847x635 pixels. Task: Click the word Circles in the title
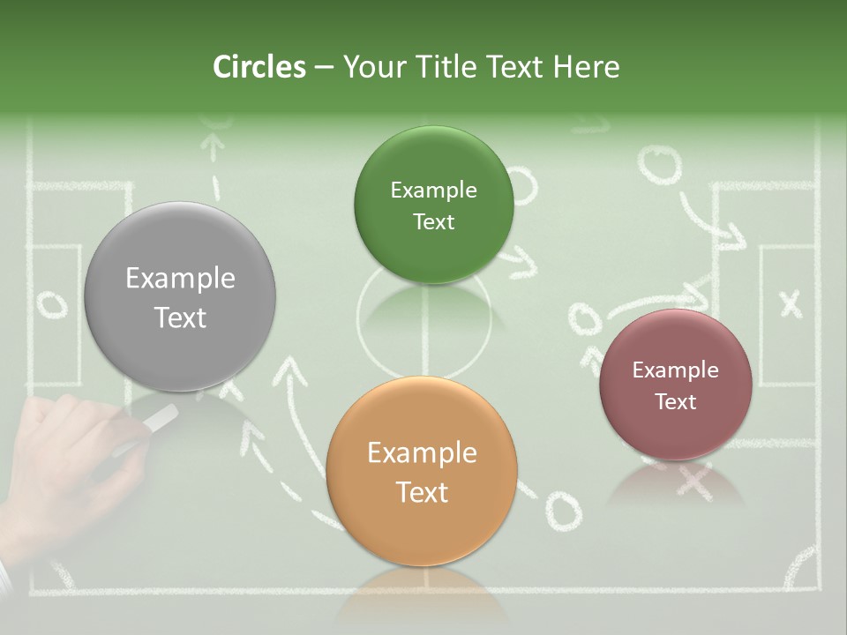pos(259,67)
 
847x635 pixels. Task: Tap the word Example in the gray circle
pos(180,279)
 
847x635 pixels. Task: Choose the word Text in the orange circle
pos(422,492)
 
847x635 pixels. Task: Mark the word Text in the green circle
pos(433,222)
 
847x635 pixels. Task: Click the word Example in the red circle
pos(676,370)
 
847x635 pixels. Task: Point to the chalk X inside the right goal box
pos(791,303)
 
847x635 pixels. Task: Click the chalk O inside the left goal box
pos(51,305)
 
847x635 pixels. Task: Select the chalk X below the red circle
pos(695,482)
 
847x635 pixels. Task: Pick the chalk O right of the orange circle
pos(562,511)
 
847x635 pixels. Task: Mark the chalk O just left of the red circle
pos(583,319)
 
